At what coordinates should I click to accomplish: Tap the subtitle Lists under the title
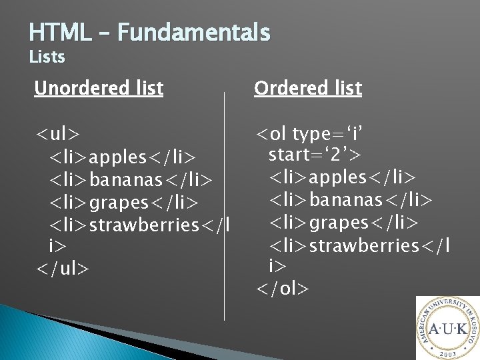click(x=47, y=57)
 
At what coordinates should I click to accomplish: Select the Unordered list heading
click(x=99, y=88)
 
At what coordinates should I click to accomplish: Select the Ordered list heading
click(x=308, y=88)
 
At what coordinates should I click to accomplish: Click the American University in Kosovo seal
click(x=447, y=329)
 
